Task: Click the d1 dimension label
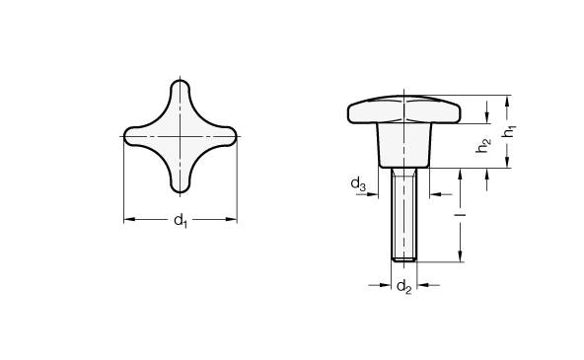(x=181, y=221)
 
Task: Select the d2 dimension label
(x=402, y=287)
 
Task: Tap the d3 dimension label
(x=359, y=184)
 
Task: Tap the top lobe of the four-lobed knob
(x=182, y=93)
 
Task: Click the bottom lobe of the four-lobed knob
(x=182, y=180)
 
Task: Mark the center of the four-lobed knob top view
(x=182, y=136)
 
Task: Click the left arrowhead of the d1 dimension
(x=127, y=220)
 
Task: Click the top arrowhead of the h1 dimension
(x=507, y=98)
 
